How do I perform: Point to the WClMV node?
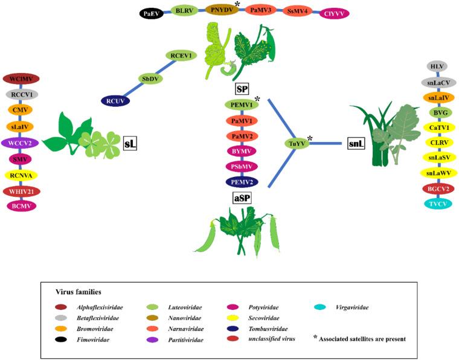click(x=21, y=79)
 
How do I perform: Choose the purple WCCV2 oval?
click(x=21, y=143)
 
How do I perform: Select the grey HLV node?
click(x=436, y=66)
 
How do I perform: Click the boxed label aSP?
click(x=242, y=198)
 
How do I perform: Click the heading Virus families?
click(x=74, y=291)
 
